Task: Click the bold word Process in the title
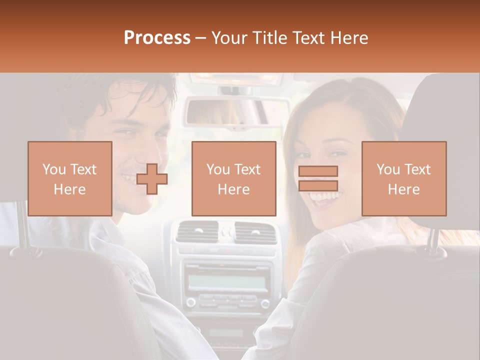pos(157,37)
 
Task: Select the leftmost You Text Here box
pos(69,178)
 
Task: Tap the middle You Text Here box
pos(233,178)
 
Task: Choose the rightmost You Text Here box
pos(403,178)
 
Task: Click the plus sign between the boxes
pos(152,179)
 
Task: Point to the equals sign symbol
pos(318,178)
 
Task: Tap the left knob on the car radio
pos(190,302)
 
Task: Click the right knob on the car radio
pos(265,302)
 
